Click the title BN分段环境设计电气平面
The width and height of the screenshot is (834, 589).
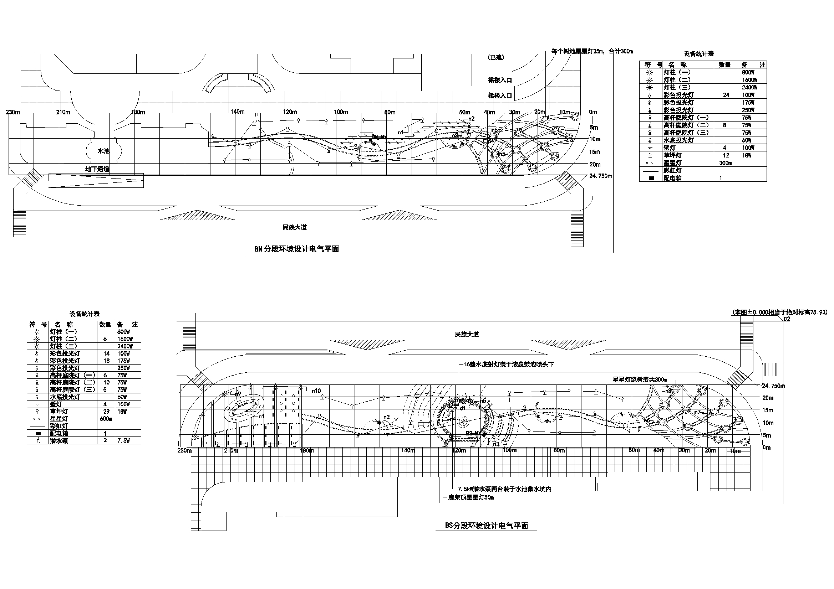[x=296, y=249]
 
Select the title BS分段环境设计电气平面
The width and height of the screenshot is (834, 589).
[x=486, y=526]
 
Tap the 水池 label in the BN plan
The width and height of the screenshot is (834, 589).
[x=103, y=151]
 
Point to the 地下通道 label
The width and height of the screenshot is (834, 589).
[x=97, y=169]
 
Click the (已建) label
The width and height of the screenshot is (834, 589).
[x=496, y=57]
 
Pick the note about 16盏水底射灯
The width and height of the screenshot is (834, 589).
[x=509, y=365]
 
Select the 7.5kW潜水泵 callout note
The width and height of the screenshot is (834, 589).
[x=504, y=489]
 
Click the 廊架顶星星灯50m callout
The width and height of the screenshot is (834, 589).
[x=471, y=497]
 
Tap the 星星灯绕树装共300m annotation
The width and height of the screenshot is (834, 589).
[x=640, y=379]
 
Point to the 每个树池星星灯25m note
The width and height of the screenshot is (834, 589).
[x=592, y=52]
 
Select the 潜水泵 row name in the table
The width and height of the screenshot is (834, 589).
[x=59, y=441]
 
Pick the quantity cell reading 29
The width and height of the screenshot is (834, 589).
[x=106, y=412]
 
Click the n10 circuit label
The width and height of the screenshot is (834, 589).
[x=316, y=391]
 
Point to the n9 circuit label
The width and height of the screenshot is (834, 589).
[x=238, y=394]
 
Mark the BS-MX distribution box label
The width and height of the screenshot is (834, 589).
[x=473, y=433]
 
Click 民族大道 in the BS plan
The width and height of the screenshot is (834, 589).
[x=467, y=334]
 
